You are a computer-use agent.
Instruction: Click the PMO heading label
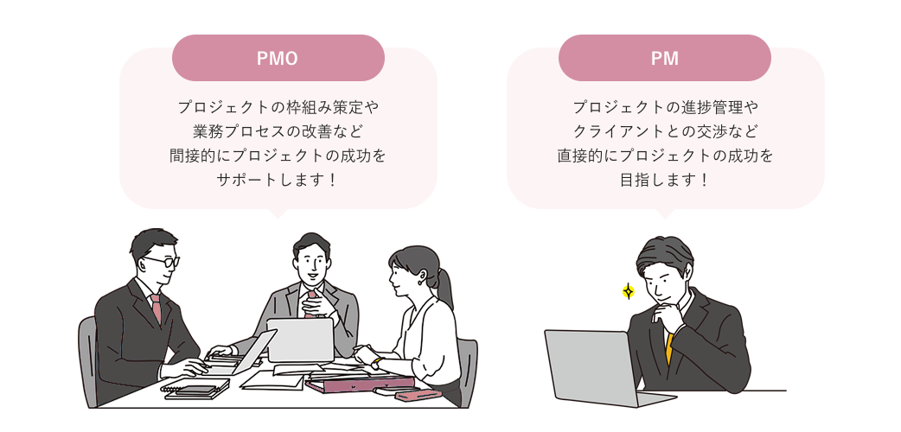tap(278, 59)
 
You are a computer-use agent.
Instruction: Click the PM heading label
tap(664, 59)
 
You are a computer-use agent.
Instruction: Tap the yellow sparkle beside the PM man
tap(629, 291)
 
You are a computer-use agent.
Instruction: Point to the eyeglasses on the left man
tap(160, 260)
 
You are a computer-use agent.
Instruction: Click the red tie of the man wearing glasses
tap(156, 308)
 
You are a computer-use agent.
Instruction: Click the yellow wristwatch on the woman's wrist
tap(377, 363)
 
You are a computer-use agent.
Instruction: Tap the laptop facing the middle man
tap(299, 340)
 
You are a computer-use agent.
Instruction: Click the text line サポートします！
tap(278, 181)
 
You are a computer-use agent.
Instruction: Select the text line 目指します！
tap(664, 181)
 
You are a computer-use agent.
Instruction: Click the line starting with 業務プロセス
tap(278, 132)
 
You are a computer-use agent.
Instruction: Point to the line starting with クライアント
tap(664, 132)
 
